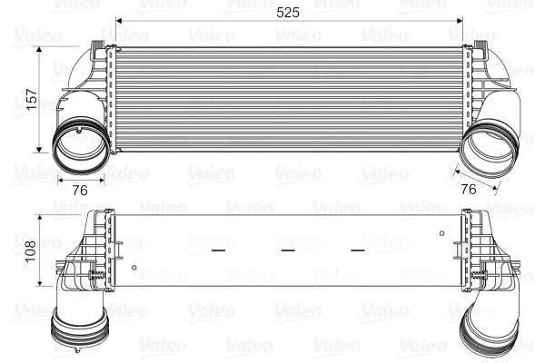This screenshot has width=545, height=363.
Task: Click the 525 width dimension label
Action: click(288, 12)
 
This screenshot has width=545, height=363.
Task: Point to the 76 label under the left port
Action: click(79, 190)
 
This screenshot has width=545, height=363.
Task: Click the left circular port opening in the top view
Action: click(78, 146)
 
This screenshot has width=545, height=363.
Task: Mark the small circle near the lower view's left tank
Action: click(134, 267)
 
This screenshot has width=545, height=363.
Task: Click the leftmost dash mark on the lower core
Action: click(217, 249)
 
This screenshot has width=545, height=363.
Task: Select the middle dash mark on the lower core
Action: click(288, 249)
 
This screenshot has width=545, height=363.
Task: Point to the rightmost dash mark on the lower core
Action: click(358, 249)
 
